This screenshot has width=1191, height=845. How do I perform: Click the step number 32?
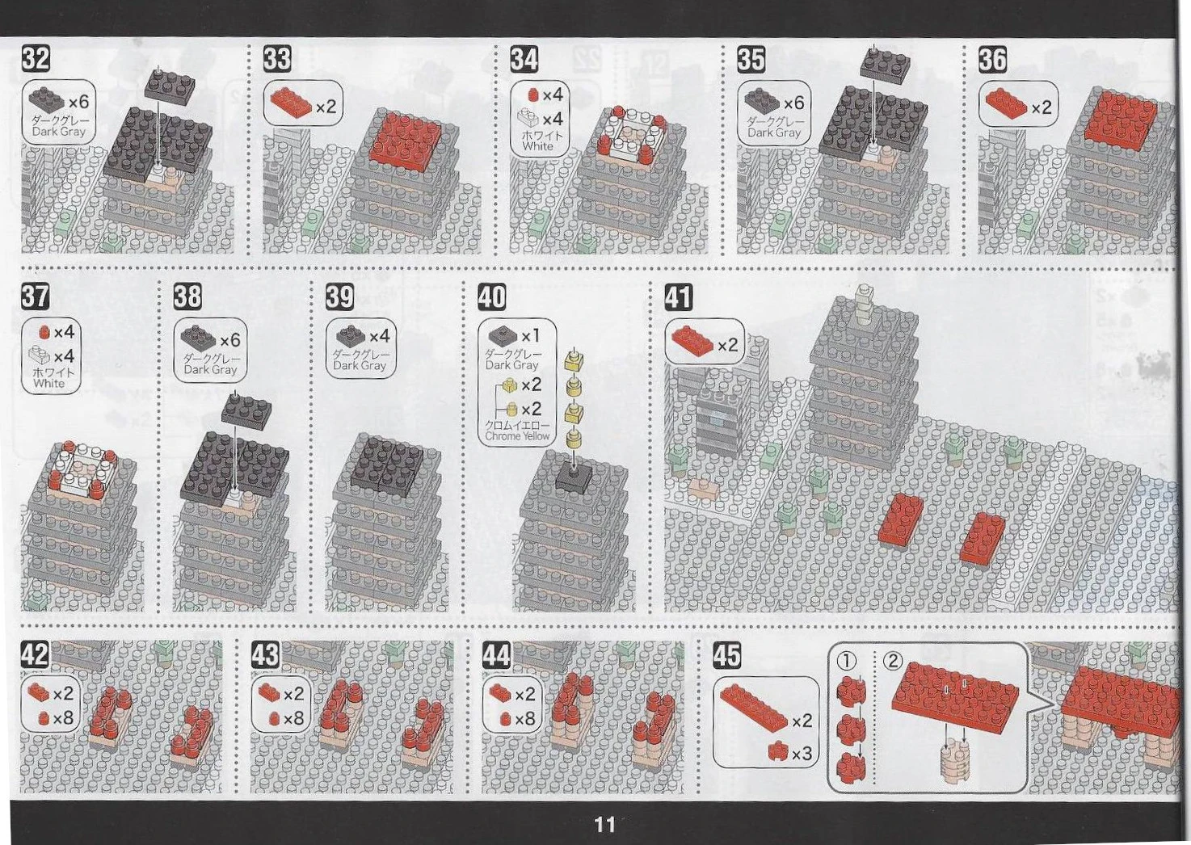coord(36,59)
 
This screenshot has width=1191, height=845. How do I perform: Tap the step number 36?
coord(993,60)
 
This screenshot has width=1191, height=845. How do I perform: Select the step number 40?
coord(492,296)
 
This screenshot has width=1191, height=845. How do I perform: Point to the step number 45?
coord(727,654)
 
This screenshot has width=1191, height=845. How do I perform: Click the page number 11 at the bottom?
coord(605,824)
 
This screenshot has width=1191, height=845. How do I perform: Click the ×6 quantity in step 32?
coord(78,102)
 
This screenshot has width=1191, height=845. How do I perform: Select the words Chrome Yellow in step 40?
coord(517,436)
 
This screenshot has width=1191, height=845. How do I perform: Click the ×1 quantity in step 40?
coord(530,336)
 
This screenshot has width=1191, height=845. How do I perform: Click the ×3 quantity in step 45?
coord(802,755)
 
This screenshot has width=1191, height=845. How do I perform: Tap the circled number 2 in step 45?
coord(893,661)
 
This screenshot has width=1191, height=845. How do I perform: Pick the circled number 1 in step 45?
coord(846,661)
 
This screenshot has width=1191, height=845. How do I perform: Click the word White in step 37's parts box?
coord(49,383)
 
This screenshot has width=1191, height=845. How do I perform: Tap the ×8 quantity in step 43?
coord(293,718)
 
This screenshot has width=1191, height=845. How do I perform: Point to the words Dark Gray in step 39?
coord(360,366)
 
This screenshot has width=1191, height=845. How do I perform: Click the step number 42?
coord(35,654)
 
